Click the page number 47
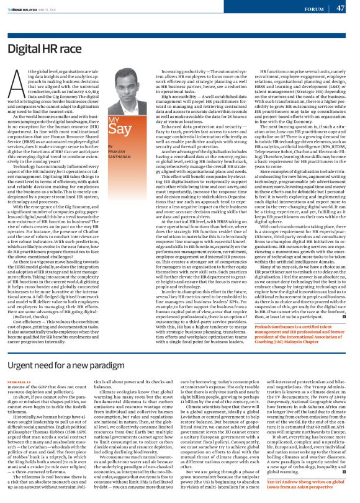coord(340,8)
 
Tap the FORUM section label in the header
coord(312,9)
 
